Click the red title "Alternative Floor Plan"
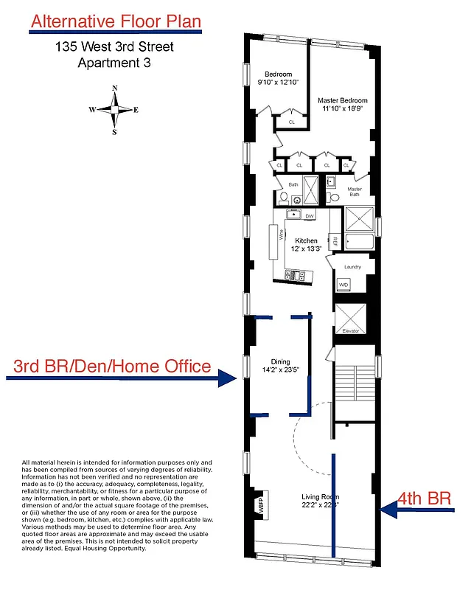point(115,21)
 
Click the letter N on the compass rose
point(114,88)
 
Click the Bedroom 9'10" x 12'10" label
point(279,78)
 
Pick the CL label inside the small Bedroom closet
point(291,122)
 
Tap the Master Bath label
point(355,192)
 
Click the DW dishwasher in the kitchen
point(310,216)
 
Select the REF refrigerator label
point(335,241)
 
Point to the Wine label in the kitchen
point(281,236)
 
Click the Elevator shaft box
point(349,318)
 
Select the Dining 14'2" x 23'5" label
point(280,365)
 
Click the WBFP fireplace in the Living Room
point(259,504)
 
